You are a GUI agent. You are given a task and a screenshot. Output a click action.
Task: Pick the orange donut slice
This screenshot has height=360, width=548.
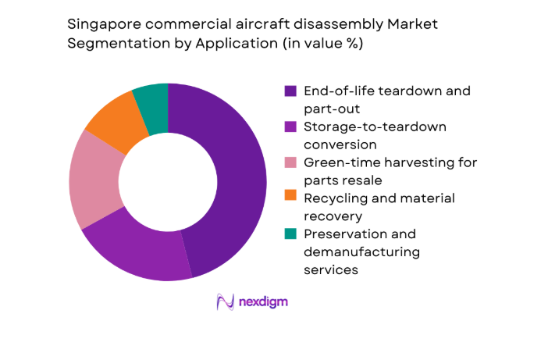(113, 121)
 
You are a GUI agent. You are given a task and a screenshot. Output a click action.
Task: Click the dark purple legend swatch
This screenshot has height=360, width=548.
(290, 91)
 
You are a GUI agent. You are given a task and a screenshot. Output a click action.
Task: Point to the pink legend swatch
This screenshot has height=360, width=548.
(290, 163)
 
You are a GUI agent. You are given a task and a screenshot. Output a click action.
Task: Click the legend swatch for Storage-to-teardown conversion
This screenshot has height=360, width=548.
(290, 127)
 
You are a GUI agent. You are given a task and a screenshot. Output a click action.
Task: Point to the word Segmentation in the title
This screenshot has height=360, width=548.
(110, 44)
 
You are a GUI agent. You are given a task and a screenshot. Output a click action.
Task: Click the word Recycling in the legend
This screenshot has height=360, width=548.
(335, 198)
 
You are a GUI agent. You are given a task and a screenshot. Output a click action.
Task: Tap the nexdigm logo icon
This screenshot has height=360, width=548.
(226, 301)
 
